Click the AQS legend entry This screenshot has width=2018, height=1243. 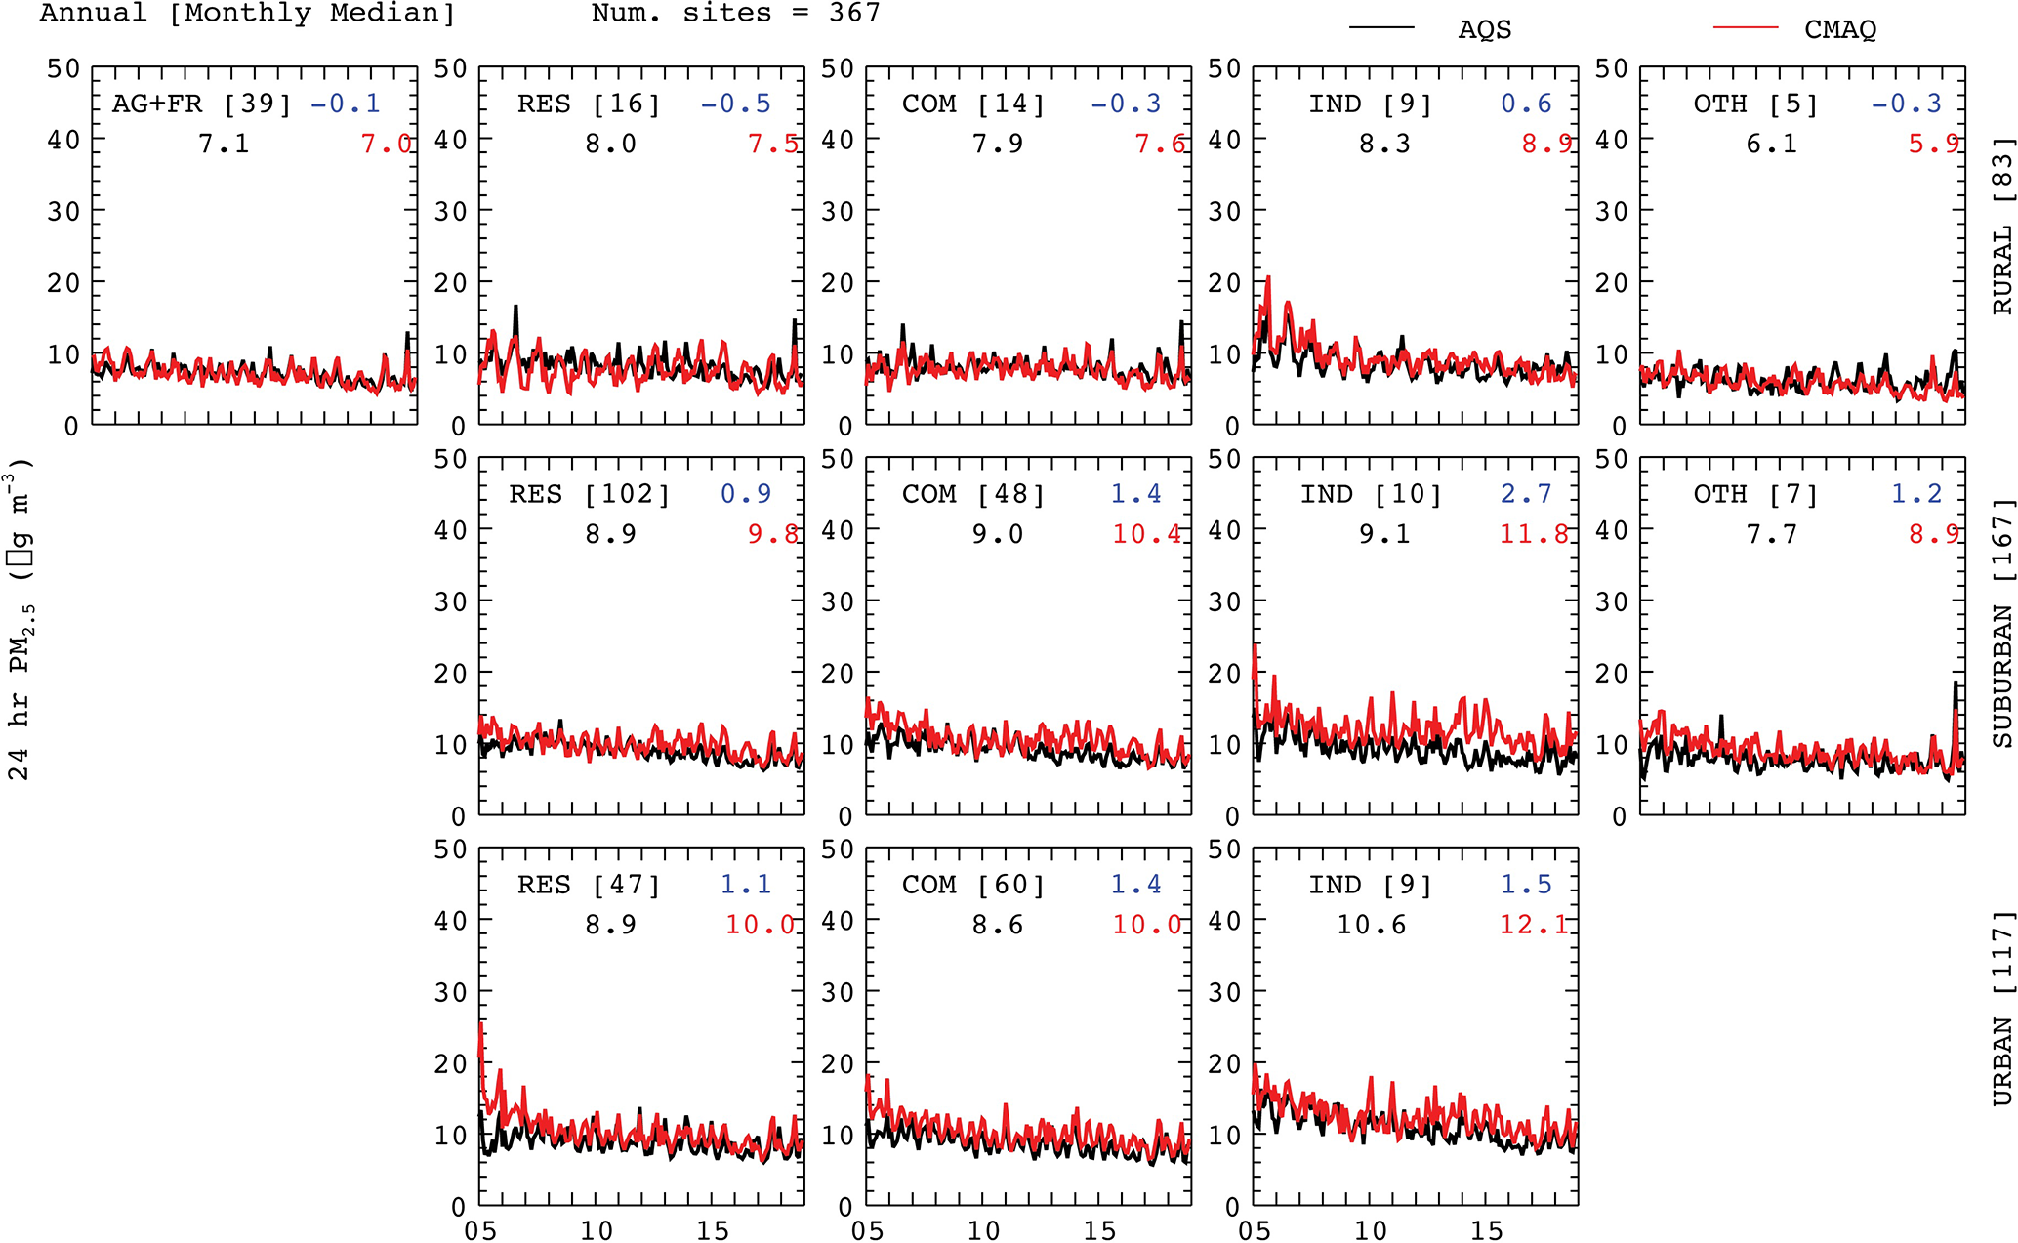pyautogui.click(x=1484, y=29)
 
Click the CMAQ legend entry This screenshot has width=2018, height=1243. pyautogui.click(x=1839, y=29)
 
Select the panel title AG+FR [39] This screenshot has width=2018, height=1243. pyautogui.click(x=201, y=104)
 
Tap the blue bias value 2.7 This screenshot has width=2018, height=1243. pyautogui.click(x=1526, y=494)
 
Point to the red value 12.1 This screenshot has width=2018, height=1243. pyautogui.click(x=1534, y=924)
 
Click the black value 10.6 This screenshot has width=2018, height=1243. pyautogui.click(x=1372, y=924)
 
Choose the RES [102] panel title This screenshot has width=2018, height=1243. pyautogui.click(x=590, y=494)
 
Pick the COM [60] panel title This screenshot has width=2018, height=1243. pyautogui.click(x=973, y=885)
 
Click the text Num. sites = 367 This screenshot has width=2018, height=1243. pyautogui.click(x=735, y=13)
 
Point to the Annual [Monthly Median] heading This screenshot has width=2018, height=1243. pyautogui.click(x=247, y=13)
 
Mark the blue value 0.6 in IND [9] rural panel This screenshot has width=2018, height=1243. pyautogui.click(x=1526, y=104)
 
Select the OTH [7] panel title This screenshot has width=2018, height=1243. pyautogui.click(x=1755, y=494)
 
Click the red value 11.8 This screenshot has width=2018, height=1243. pyautogui.click(x=1534, y=534)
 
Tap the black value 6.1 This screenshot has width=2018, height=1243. pyautogui.click(x=1771, y=144)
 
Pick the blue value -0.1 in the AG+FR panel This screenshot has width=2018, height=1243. pyautogui.click(x=346, y=104)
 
